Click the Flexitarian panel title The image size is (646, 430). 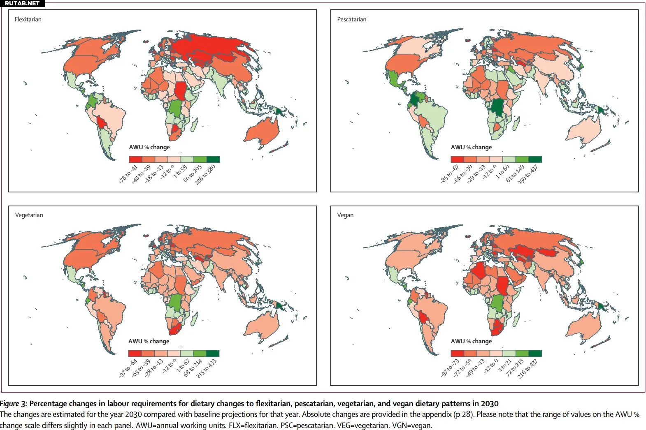28,19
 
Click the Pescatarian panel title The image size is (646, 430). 351,19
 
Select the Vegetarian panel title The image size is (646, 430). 29,215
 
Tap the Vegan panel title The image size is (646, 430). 345,215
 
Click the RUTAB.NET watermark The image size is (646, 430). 22,3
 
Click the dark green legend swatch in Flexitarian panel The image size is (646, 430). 213,159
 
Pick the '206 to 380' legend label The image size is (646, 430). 205,175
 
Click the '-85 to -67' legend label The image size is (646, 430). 450,174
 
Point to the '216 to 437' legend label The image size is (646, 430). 527,369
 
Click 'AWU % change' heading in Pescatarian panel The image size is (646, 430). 471,147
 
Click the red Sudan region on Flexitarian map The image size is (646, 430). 180,91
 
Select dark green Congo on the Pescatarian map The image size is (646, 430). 498,107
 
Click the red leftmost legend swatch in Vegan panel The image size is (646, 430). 457,353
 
